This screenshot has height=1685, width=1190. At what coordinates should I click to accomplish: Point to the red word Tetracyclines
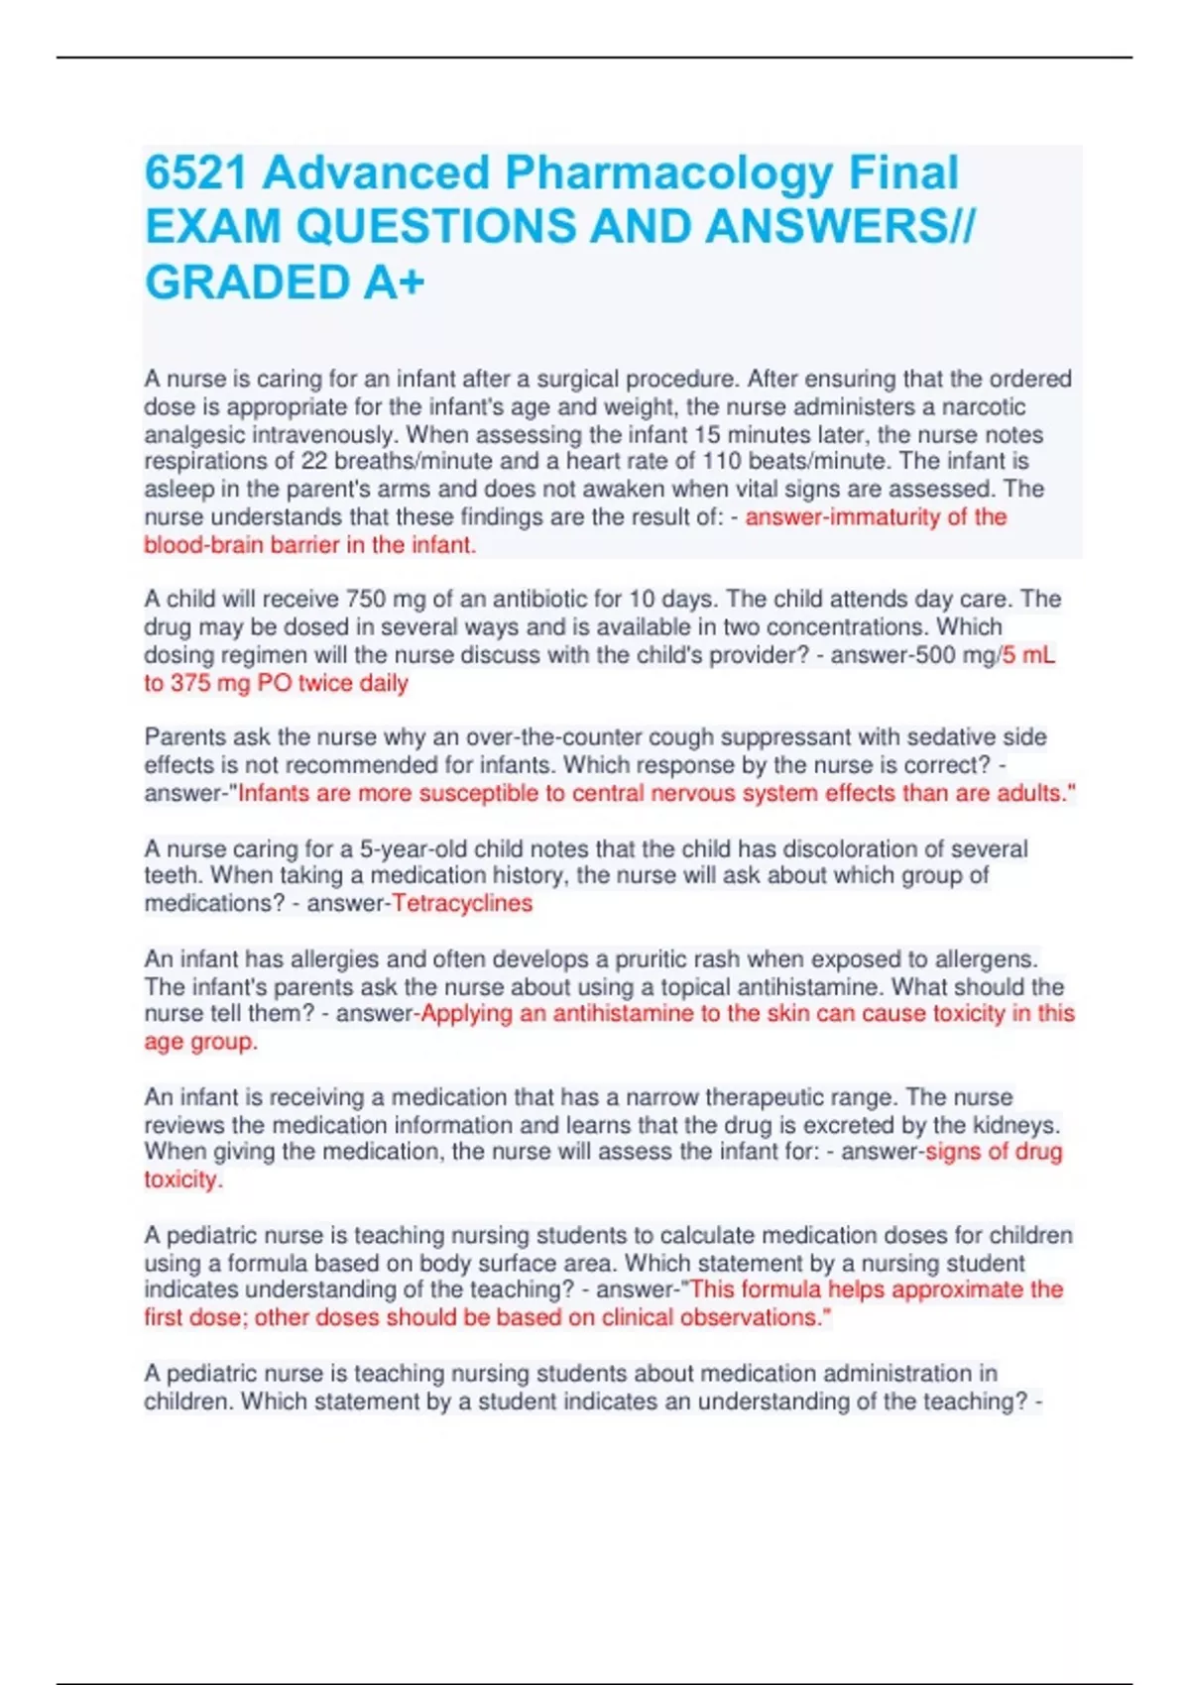pyautogui.click(x=462, y=904)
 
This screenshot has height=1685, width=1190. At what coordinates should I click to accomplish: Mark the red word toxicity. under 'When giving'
pyautogui.click(x=183, y=1180)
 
